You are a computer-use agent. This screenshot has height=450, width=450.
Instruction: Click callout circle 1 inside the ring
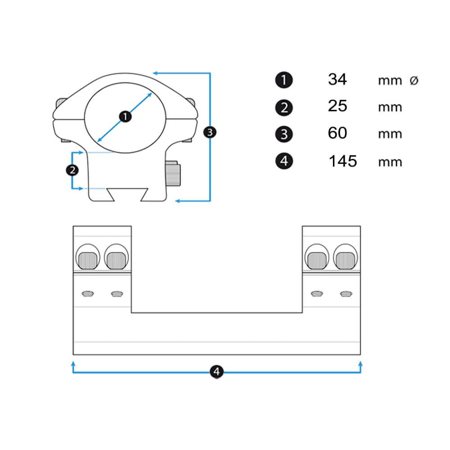tap(126, 117)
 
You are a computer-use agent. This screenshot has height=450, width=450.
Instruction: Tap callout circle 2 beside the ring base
tap(72, 170)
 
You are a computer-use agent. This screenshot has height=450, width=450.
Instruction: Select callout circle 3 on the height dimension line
tap(210, 132)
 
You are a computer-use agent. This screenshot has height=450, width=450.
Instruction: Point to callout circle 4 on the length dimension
tap(217, 372)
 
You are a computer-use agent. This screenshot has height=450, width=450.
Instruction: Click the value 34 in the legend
tap(337, 80)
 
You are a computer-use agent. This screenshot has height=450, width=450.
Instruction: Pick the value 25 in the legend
tap(337, 107)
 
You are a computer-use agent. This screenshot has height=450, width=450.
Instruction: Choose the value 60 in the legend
tap(337, 134)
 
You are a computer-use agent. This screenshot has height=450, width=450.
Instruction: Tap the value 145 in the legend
tap(342, 161)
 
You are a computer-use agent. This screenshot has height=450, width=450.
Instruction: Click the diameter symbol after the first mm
tap(414, 81)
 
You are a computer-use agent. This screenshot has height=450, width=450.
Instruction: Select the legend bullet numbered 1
tap(283, 81)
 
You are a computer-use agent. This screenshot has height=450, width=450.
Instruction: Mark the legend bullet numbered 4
tap(283, 161)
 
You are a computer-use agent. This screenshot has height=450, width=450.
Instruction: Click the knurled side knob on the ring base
tap(173, 175)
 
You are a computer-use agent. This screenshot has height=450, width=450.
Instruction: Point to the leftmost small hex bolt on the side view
tap(87, 294)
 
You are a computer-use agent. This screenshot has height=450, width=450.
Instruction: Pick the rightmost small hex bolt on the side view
tap(346, 294)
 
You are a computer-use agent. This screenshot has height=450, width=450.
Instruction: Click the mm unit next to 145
tap(390, 162)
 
